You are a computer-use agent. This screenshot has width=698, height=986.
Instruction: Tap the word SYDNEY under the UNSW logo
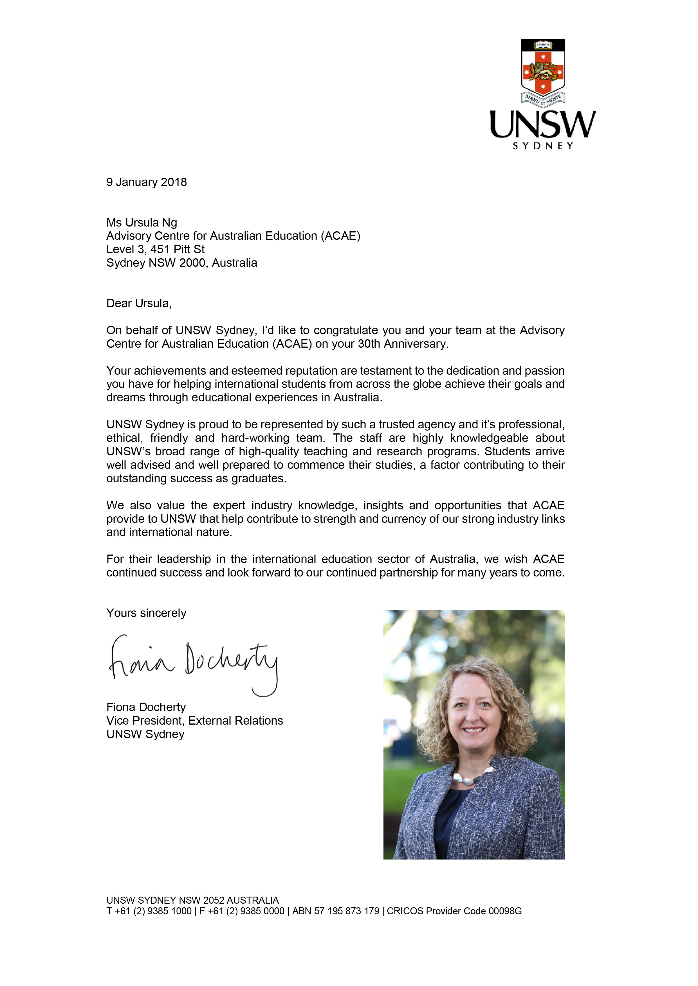point(543,146)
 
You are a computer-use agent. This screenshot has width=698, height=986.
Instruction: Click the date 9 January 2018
point(147,182)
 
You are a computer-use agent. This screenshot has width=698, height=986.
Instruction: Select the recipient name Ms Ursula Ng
point(142,222)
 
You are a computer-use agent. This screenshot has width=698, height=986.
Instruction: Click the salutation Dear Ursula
point(139,303)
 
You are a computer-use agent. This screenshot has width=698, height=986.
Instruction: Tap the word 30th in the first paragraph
point(369,344)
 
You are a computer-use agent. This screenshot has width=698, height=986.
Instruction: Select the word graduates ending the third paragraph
point(258,478)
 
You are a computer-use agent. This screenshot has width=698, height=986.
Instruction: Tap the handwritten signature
point(193,664)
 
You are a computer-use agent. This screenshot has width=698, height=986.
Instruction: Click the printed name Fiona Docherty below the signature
point(146,707)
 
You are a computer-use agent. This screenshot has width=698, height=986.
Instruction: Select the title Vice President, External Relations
point(195,721)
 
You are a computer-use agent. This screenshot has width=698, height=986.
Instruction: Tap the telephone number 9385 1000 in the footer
point(169,911)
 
